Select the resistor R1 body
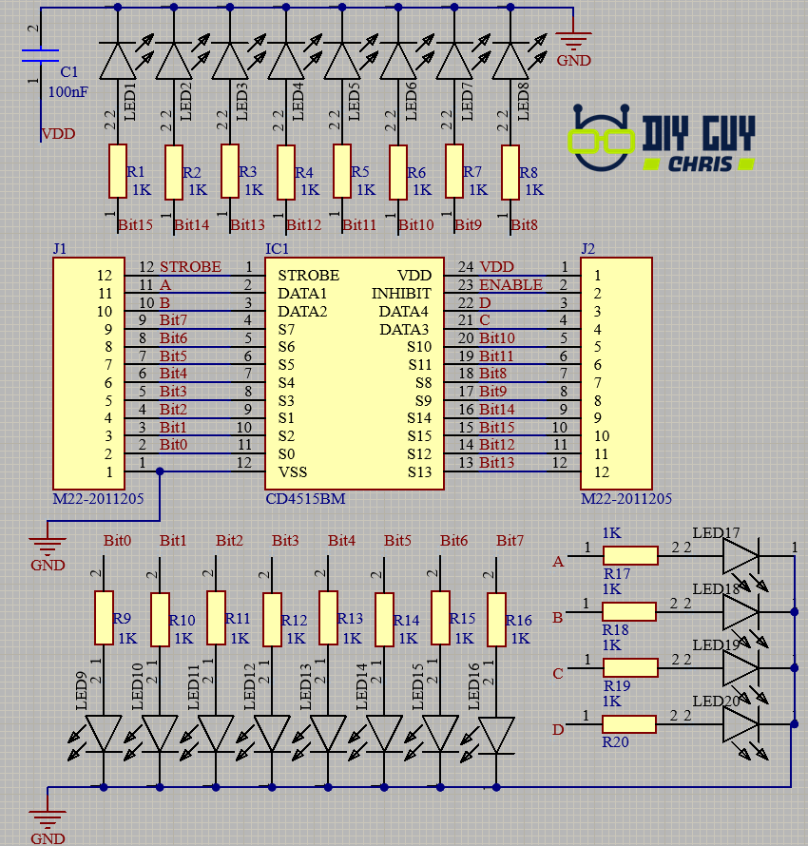pos(117,172)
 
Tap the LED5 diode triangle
pos(342,63)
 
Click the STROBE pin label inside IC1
pos(308,276)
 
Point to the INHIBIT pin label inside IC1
pos(400,294)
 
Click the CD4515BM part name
pos(305,499)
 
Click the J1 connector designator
pos(60,249)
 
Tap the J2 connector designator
pos(588,249)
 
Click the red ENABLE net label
pos(510,285)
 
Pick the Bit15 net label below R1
pos(136,225)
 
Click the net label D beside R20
pos(558,730)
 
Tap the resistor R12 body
pos(273,619)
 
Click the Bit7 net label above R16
pos(510,541)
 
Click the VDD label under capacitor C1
pos(58,134)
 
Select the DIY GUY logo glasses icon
pos(602,141)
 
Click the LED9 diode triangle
pos(104,733)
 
